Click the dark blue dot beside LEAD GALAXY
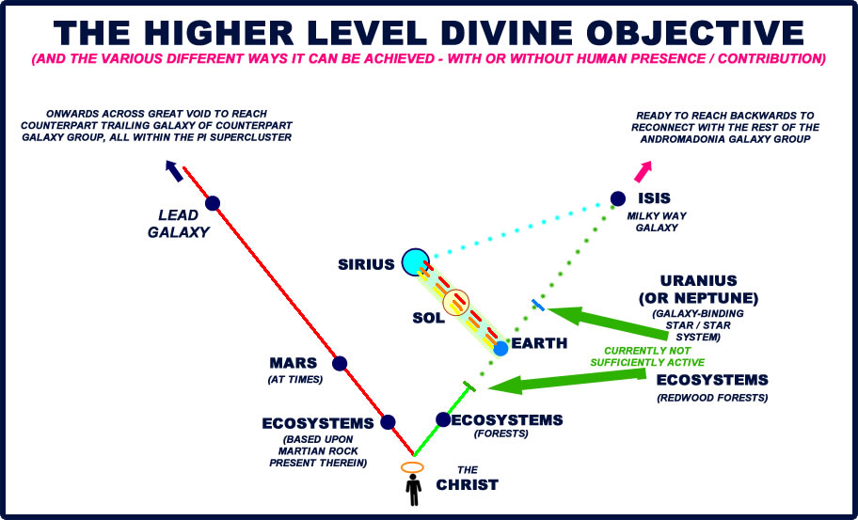click(213, 202)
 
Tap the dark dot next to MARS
click(340, 363)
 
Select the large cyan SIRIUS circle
click(413, 262)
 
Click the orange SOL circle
click(455, 303)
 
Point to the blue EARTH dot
click(500, 348)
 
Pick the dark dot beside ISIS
click(617, 198)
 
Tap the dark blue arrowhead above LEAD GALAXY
click(174, 167)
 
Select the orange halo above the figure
click(412, 467)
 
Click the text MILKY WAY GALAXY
click(657, 222)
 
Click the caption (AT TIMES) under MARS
click(296, 380)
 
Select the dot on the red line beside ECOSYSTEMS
click(388, 422)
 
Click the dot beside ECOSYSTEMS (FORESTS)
click(443, 419)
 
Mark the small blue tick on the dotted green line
click(537, 304)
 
